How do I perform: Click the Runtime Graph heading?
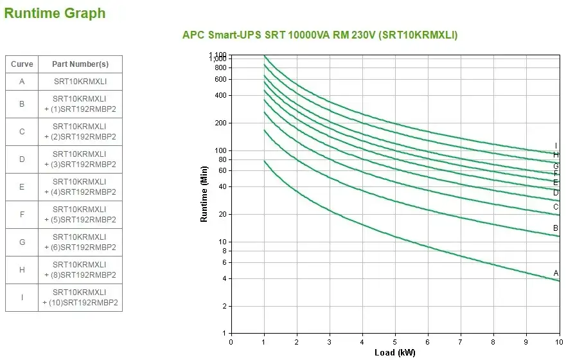click(55, 13)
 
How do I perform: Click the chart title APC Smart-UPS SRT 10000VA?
click(320, 35)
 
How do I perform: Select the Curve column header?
click(22, 64)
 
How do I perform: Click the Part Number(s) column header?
click(80, 64)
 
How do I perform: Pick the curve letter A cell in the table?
click(22, 82)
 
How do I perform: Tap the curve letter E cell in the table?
click(22, 187)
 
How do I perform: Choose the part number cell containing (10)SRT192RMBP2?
click(80, 298)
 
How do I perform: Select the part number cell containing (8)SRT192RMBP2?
click(80, 270)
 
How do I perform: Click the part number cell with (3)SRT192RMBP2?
click(80, 159)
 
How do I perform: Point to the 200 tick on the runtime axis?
click(220, 123)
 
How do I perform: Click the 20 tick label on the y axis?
click(222, 214)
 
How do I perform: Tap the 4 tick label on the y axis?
click(224, 278)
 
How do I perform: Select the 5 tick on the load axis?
click(395, 341)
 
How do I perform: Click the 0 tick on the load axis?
click(231, 341)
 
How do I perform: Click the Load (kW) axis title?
click(394, 353)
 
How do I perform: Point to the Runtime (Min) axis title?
click(204, 194)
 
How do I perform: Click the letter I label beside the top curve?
click(556, 146)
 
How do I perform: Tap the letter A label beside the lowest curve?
click(556, 273)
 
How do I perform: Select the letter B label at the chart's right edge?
click(556, 228)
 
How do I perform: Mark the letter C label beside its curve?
click(556, 207)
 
